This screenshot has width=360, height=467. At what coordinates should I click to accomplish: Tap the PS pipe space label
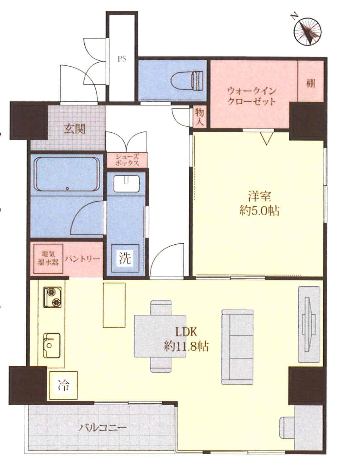122,59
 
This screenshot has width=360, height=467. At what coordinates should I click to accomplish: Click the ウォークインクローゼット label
252,96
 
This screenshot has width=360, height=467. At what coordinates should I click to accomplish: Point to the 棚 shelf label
310,83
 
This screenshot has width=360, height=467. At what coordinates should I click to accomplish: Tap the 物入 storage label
199,116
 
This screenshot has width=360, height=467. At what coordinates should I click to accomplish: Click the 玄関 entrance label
75,129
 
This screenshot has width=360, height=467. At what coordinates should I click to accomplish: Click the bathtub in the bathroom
67,174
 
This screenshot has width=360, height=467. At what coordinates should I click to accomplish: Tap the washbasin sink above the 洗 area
126,184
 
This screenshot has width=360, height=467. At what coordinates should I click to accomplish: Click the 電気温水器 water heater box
48,258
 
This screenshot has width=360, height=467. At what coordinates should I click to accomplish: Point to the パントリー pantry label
83,258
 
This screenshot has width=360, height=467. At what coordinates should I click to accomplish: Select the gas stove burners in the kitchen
52,297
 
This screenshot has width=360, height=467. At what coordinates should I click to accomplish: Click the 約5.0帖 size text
259,211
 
